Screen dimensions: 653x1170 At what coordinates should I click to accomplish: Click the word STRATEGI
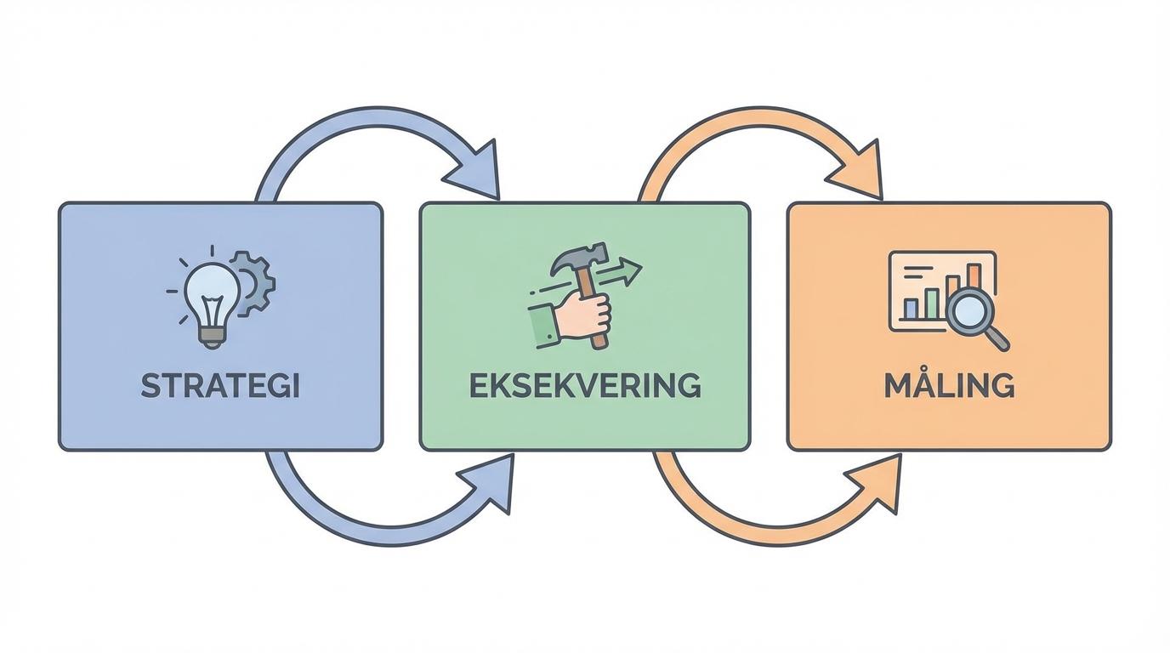220,386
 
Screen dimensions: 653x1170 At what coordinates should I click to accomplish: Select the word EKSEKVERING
585,385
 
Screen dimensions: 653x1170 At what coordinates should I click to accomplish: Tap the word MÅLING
949,385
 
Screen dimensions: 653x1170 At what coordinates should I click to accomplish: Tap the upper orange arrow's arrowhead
860,173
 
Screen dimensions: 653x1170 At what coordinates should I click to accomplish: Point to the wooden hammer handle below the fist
600,338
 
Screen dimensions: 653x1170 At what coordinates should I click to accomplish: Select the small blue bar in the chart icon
912,309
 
